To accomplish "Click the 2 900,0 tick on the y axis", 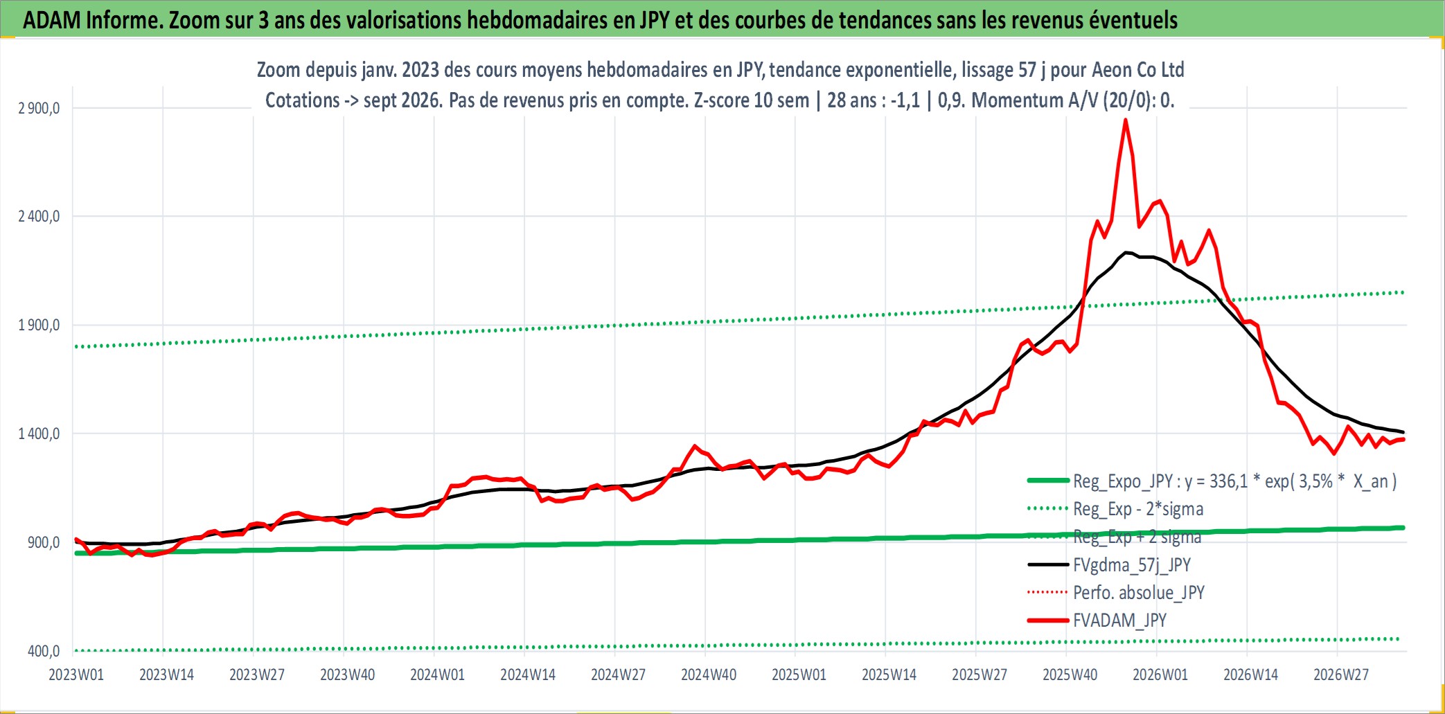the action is point(39,108).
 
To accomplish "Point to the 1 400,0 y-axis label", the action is point(39,434).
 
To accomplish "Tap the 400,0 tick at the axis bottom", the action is point(44,651).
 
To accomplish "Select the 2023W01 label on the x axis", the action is point(76,675).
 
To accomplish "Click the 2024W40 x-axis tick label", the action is point(709,675).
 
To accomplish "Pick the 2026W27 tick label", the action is point(1341,675).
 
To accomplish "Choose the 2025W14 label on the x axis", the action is point(889,675).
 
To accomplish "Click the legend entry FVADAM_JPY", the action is point(1119,621).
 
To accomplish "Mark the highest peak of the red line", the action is point(1126,120).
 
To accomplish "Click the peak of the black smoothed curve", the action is point(1127,253).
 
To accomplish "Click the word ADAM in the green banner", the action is point(52,20).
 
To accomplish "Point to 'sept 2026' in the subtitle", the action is point(402,100).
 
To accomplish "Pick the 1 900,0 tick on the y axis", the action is point(39,325).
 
